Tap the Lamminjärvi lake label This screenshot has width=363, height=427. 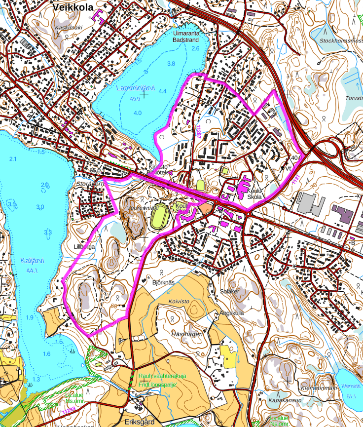coord(136,88)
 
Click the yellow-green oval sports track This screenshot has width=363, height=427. coord(159,217)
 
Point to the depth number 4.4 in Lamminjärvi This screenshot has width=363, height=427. coord(163,91)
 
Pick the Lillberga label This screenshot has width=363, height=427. coord(83,245)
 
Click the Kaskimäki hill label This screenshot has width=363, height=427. coord(68,27)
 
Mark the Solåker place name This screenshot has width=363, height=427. coord(229,292)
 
